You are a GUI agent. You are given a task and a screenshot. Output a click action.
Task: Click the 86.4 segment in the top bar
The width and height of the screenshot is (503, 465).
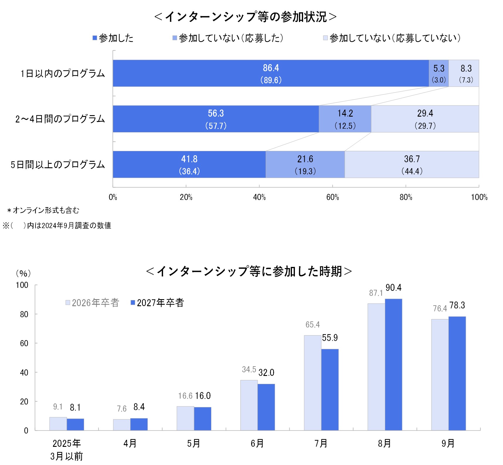coord(271,73)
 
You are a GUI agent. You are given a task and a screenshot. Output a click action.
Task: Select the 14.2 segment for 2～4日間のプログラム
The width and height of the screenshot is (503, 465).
coord(345,119)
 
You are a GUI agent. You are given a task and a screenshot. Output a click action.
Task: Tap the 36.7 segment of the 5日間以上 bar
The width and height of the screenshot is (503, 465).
coord(412,164)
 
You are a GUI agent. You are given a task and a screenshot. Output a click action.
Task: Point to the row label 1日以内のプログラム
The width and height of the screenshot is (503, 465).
coord(62,74)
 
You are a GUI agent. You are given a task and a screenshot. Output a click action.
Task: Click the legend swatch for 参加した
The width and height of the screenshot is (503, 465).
coord(95,38)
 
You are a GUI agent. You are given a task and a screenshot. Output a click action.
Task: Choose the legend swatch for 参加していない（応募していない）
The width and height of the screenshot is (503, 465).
coord(325,38)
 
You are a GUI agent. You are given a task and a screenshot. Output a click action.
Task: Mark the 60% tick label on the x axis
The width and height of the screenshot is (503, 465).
coord(332,197)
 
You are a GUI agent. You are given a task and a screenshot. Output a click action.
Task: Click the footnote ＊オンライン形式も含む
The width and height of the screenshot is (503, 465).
coord(43,210)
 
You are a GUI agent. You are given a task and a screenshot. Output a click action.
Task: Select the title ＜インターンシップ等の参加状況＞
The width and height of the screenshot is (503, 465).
coord(245,17)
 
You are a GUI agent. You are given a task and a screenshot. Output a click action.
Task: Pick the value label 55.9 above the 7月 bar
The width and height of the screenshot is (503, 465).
coord(330,338)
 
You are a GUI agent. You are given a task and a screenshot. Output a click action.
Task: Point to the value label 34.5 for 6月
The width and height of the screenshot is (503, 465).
coord(249,369)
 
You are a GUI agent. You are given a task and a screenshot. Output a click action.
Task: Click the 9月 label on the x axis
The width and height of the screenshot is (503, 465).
coord(448,443)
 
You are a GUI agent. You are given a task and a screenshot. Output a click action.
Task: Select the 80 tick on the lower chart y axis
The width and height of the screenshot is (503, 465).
coord(24,314)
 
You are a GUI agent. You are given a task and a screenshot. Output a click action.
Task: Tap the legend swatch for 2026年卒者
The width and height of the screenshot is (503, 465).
coord(68,303)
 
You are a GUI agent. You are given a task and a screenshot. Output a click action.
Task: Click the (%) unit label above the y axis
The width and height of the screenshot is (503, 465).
coord(23,273)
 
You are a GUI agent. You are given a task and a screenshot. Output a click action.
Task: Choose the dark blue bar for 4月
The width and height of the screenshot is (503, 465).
coord(139,424)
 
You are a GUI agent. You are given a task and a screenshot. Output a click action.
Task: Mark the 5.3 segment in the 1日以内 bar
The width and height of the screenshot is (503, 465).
coord(439,73)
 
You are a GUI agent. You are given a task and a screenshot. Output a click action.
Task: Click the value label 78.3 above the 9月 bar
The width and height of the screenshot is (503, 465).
coord(457,305)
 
